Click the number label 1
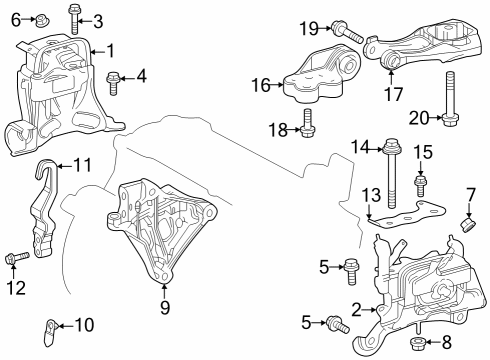pos(110,50)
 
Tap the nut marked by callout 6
pos(44,19)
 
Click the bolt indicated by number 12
pos(14,261)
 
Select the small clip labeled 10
pos(49,325)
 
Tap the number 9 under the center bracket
pos(165,308)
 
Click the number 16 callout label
pos(261,86)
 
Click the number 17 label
pos(395,97)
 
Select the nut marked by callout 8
pos(420,345)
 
